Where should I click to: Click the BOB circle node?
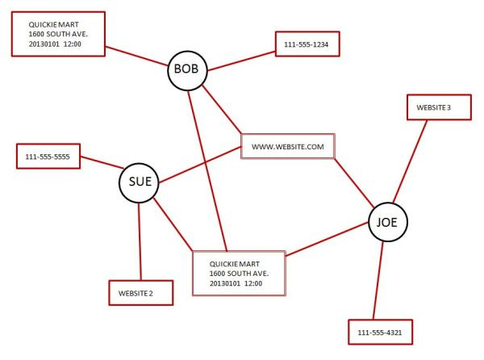pyautogui.click(x=187, y=70)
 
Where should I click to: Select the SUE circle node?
pyautogui.click(x=139, y=182)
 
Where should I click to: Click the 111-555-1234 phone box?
pyautogui.click(x=307, y=44)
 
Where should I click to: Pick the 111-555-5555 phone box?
pyautogui.click(x=48, y=156)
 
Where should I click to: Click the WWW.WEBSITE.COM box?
pyautogui.click(x=287, y=147)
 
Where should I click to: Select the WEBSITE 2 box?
pyautogui.click(x=140, y=292)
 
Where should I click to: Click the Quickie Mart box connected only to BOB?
pyautogui.click(x=58, y=34)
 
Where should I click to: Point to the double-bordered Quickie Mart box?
pyautogui.click(x=239, y=273)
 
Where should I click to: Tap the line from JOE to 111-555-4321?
pyautogui.click(x=378, y=278)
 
